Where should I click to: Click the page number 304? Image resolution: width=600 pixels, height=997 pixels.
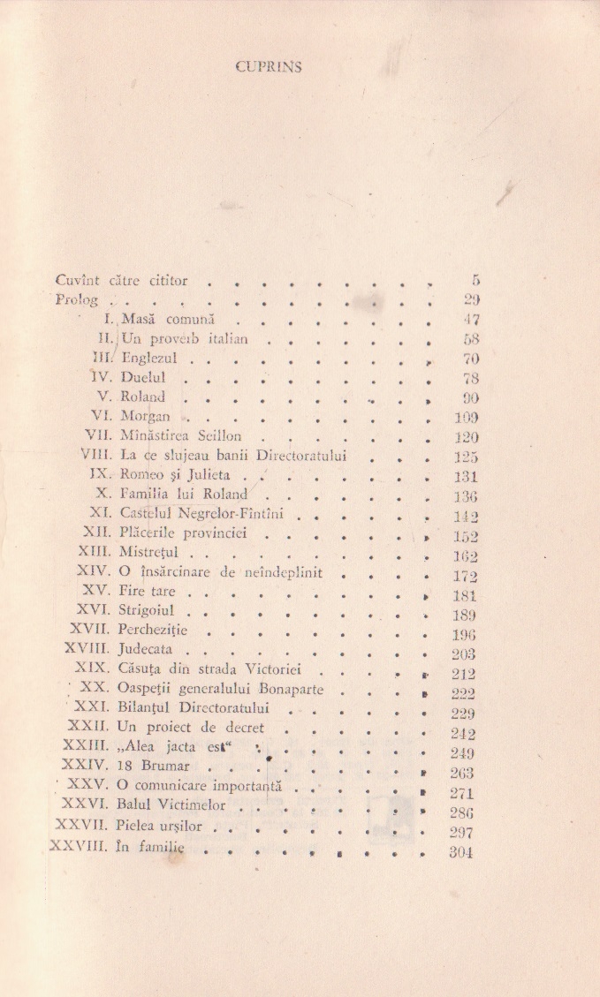(461, 853)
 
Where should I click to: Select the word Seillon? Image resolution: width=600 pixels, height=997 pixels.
(231, 437)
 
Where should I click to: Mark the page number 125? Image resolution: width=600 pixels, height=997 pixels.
(461, 457)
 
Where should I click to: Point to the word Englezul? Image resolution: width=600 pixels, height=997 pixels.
(149, 359)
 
